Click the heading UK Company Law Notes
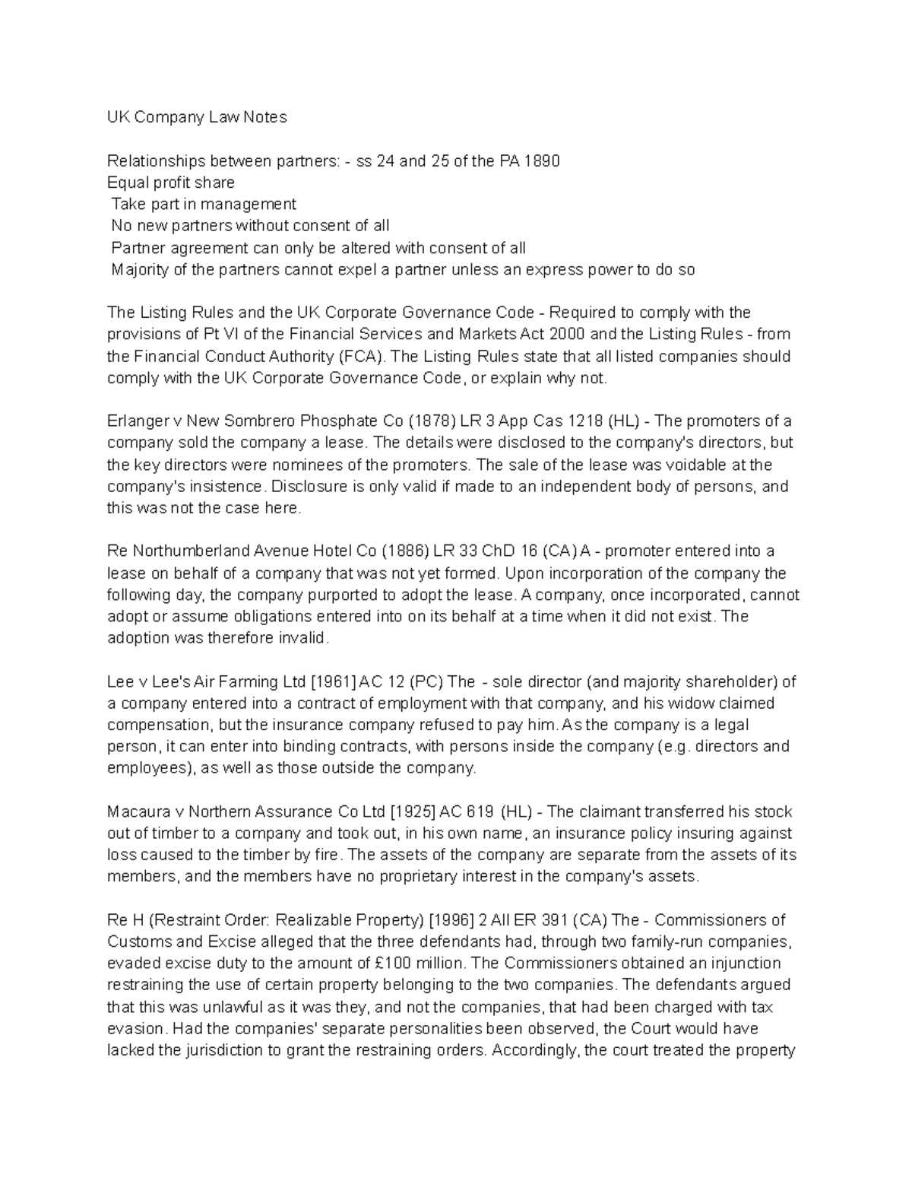[197, 117]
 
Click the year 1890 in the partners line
[543, 161]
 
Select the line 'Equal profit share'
[171, 183]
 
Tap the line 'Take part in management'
[204, 205]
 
